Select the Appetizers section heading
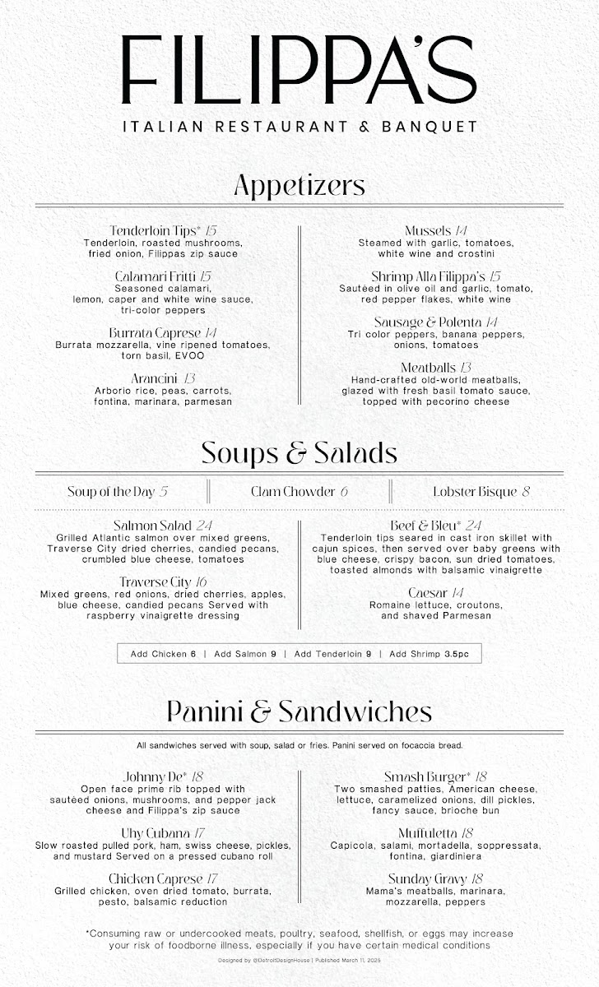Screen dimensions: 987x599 pyautogui.click(x=299, y=186)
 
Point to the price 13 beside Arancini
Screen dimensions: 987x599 pyautogui.click(x=189, y=378)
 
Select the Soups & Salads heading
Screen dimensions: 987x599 pyautogui.click(x=299, y=453)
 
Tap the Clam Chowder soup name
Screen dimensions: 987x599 pyautogui.click(x=292, y=492)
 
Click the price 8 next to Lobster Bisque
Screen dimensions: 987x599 pyautogui.click(x=526, y=492)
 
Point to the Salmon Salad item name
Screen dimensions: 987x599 pyautogui.click(x=152, y=525)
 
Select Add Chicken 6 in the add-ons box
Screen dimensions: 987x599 pyautogui.click(x=164, y=654)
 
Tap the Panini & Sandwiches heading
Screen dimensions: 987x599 pyautogui.click(x=299, y=711)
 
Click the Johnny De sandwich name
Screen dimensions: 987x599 pyautogui.click(x=154, y=776)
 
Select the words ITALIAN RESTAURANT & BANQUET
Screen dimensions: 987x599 pyautogui.click(x=299, y=127)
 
